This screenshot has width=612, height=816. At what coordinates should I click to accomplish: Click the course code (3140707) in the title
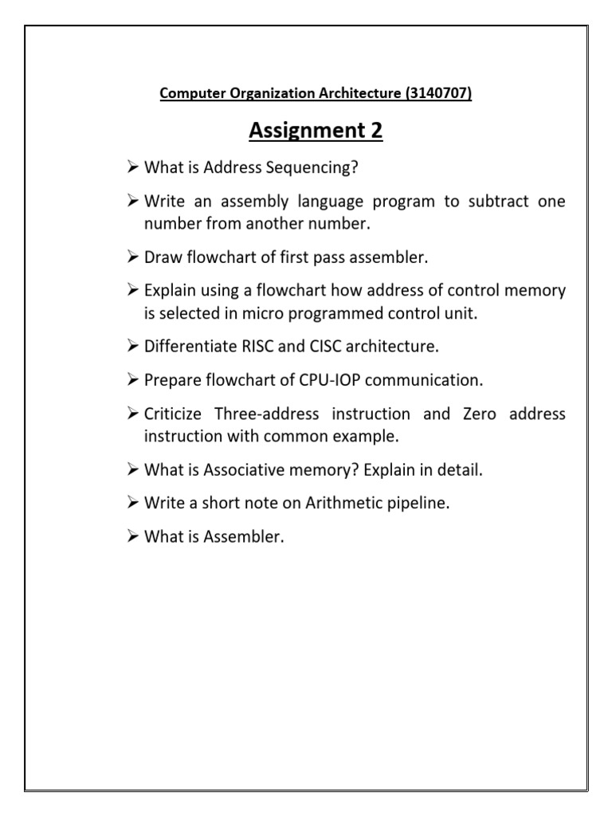pos(438,94)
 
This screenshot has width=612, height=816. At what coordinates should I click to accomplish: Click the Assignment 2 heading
pos(316,131)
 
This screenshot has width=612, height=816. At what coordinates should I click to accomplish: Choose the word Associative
pos(227,470)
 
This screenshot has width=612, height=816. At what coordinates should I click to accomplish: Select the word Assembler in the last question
pos(244,537)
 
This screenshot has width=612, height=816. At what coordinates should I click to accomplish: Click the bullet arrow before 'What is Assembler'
pos(133,537)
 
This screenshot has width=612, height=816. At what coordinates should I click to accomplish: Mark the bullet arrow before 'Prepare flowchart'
pos(133,381)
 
